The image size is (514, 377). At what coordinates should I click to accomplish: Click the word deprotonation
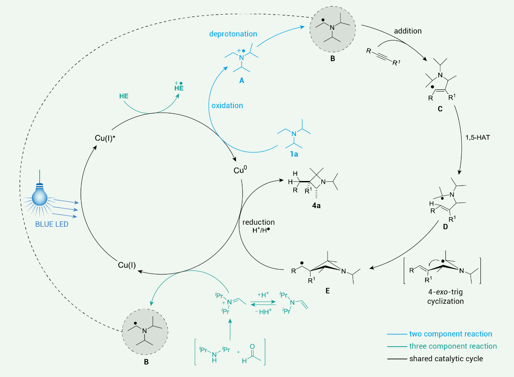click(233, 34)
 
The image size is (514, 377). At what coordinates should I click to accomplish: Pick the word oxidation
click(227, 105)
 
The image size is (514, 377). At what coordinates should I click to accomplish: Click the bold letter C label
click(437, 110)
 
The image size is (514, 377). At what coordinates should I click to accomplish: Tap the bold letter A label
click(242, 81)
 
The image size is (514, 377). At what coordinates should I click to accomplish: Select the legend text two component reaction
click(450, 334)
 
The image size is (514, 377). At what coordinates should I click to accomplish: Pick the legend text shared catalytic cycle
click(446, 358)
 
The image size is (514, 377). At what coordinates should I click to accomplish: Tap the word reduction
click(258, 222)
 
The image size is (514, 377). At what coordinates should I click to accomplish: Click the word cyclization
click(445, 301)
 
